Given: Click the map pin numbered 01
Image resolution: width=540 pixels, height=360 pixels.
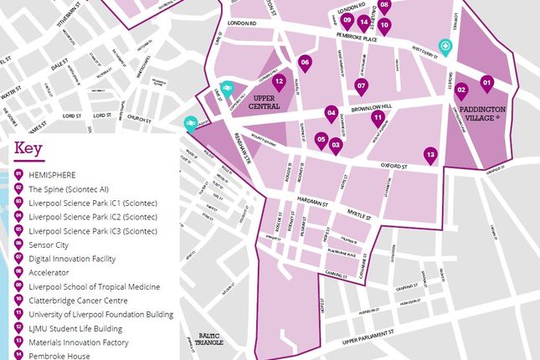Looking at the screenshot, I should click(x=486, y=83).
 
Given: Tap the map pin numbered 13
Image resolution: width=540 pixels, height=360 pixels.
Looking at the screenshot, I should click(x=430, y=155).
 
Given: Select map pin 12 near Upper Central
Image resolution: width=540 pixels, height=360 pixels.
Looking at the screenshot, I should click(x=279, y=82).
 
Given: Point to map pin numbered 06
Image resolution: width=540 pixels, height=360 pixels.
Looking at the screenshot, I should click(x=305, y=63).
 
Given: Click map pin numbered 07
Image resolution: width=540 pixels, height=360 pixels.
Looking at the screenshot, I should click(x=362, y=85).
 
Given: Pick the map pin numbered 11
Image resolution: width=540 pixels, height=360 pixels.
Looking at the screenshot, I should click(x=378, y=118).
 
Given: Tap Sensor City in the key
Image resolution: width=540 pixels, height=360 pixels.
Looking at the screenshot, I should click(x=53, y=245).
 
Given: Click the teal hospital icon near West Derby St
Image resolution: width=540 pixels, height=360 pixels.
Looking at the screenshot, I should click(x=446, y=48).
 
